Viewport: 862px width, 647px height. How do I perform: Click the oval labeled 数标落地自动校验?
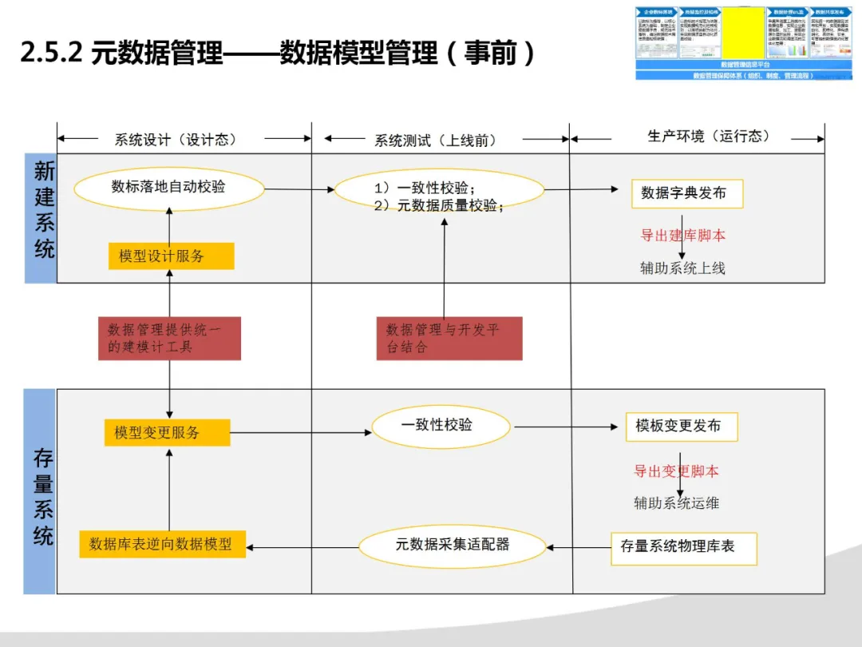168,188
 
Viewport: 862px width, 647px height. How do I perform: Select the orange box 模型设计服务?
171,256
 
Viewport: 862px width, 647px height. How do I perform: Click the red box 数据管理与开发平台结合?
449,338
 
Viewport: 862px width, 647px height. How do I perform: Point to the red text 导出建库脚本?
682,236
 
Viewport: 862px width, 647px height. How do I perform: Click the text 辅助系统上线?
682,268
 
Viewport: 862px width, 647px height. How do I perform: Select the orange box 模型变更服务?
167,432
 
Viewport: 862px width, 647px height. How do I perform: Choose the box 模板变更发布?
681,427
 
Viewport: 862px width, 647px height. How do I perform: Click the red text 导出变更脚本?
677,471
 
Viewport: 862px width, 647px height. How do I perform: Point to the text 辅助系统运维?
677,503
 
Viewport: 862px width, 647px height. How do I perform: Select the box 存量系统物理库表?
683,547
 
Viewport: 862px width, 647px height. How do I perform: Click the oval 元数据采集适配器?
453,545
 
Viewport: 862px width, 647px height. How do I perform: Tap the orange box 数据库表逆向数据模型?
163,544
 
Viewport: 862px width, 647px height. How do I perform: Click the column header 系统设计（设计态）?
176,140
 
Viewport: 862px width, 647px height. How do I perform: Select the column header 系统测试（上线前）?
436,141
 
